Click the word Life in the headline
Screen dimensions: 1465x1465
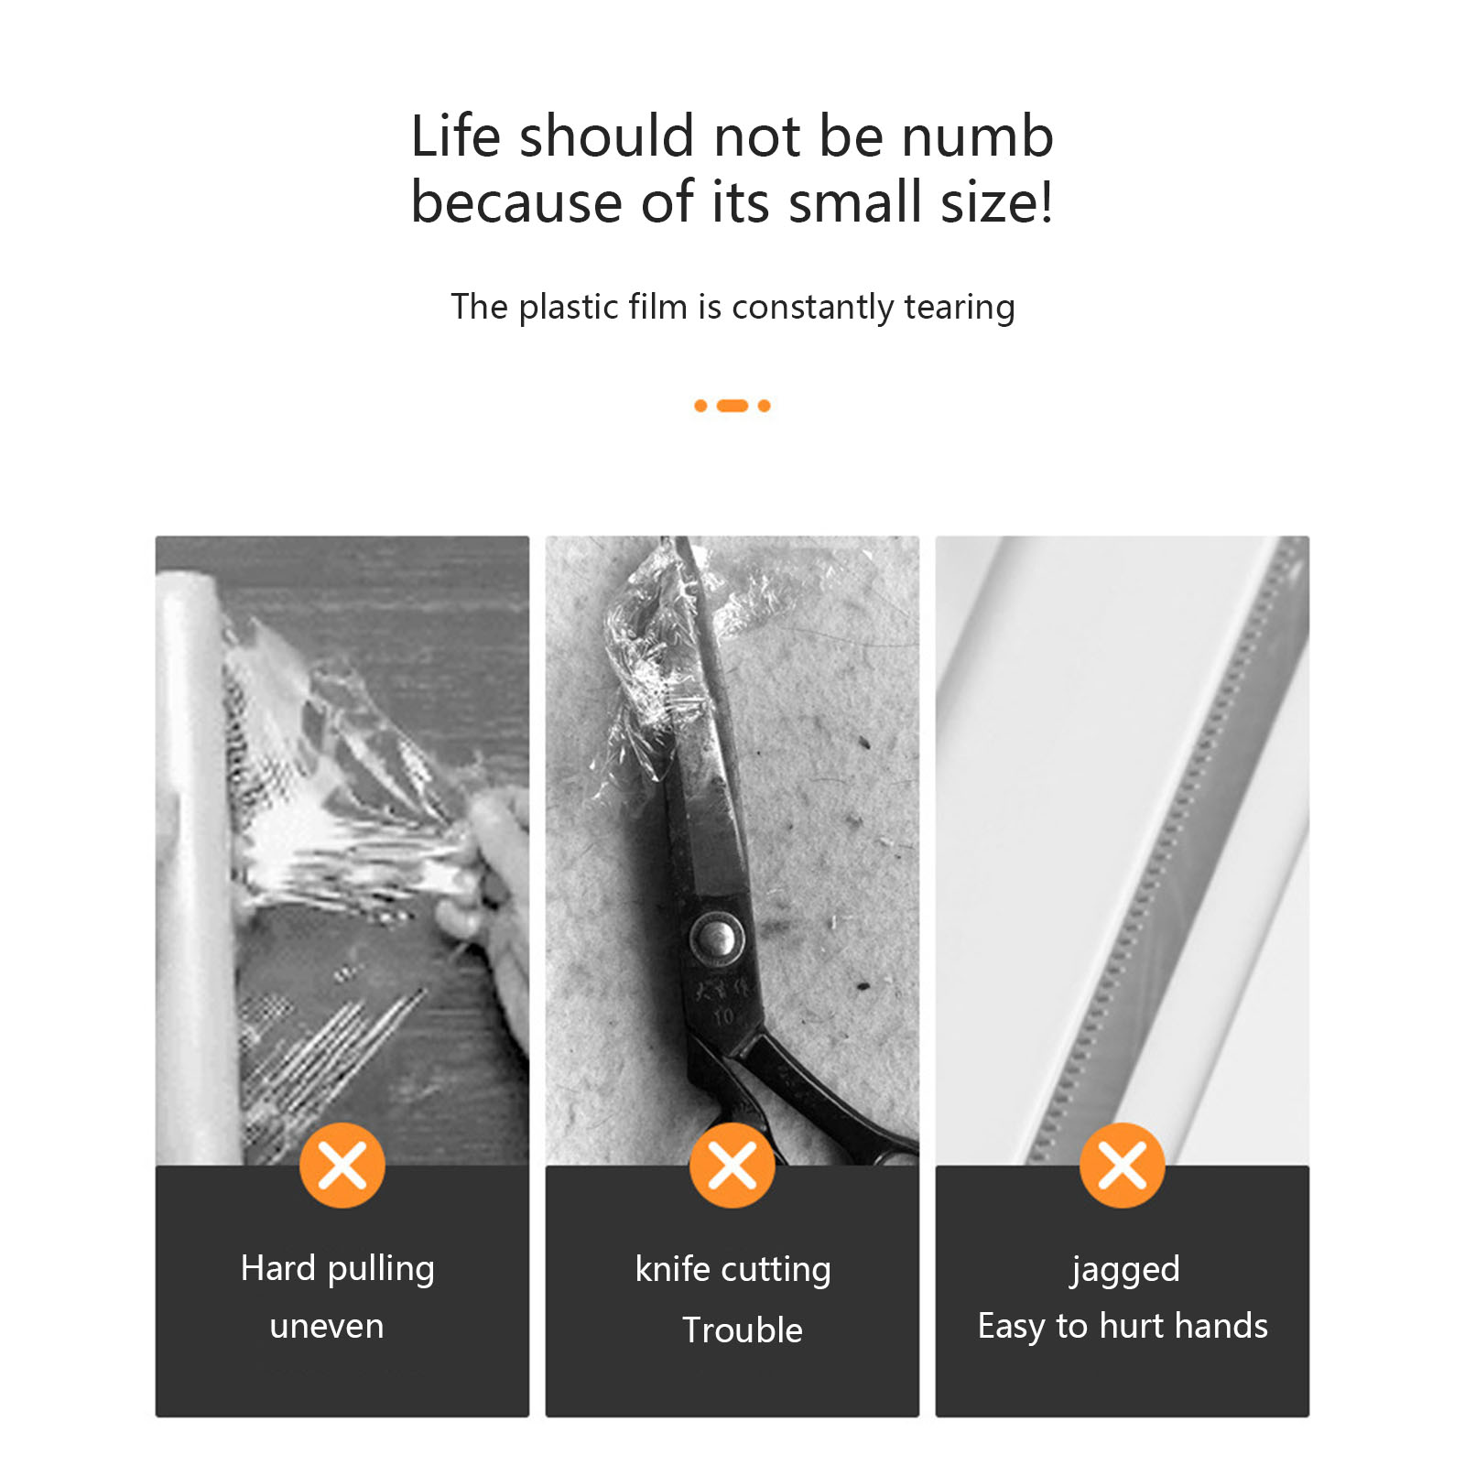pos(456,136)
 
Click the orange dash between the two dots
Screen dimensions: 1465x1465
pos(732,406)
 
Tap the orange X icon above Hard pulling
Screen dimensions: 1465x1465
pos(342,1166)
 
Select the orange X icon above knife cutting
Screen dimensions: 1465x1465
pos(732,1166)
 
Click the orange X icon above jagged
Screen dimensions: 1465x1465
pos(1123,1166)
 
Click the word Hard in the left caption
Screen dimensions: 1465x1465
pos(278,1268)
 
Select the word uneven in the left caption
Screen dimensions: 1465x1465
pos(327,1327)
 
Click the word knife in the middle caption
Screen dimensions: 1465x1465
pos(672,1269)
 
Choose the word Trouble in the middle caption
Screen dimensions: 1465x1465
pos(743,1329)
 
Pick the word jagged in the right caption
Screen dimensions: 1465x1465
pos(1125,1271)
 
